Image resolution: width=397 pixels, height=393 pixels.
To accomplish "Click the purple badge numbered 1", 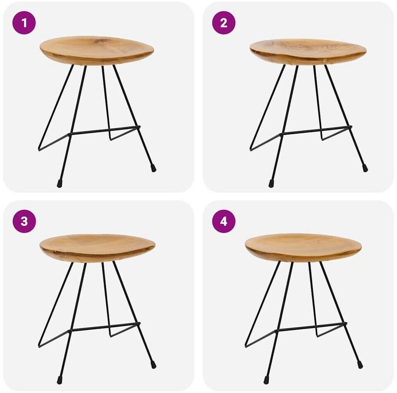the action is [x=24, y=23].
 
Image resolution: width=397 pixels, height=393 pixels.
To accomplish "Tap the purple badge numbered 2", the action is [x=224, y=23].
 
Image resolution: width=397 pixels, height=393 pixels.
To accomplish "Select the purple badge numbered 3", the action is [x=24, y=221].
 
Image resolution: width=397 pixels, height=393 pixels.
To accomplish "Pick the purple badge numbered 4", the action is [x=224, y=221].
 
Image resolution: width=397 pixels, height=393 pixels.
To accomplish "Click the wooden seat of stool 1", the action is [x=97, y=50].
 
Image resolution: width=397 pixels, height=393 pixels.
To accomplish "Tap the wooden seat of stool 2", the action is [x=308, y=52].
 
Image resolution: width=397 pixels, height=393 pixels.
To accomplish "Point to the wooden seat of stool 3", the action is [x=98, y=248].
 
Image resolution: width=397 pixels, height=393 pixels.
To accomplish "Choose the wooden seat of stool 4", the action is [x=303, y=247].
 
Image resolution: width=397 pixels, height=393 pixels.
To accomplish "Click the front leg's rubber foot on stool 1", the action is [x=60, y=183].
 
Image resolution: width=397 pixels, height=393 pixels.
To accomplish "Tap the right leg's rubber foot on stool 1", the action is [x=153, y=168].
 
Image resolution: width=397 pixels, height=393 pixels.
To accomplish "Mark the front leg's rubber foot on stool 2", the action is [x=271, y=183].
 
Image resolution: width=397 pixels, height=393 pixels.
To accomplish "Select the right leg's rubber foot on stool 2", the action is [x=365, y=168].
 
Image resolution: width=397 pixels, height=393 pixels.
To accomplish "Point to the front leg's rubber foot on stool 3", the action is [x=60, y=380].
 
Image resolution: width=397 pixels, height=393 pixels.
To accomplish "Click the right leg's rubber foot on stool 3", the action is [x=153, y=364].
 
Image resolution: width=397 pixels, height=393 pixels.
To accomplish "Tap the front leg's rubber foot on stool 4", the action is [x=266, y=380].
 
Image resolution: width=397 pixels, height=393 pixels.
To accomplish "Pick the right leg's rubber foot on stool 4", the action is [x=360, y=364].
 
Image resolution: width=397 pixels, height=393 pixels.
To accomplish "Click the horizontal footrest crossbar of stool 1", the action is [x=105, y=130].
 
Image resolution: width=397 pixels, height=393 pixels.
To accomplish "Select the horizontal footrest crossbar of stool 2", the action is [x=316, y=130].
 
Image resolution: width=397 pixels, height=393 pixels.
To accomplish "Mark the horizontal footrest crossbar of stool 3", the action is [x=105, y=327].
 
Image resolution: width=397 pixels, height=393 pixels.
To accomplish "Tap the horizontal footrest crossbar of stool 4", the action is [x=311, y=327].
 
